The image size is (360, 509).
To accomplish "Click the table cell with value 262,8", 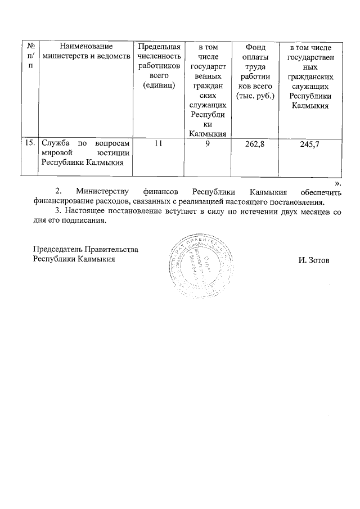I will pos(255,144).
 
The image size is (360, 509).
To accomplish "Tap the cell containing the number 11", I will pos(159,144).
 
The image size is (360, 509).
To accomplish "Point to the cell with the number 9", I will pos(207,144).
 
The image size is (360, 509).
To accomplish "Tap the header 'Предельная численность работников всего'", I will pos(159,65).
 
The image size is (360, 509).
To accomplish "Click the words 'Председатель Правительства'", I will pos(85,249).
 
